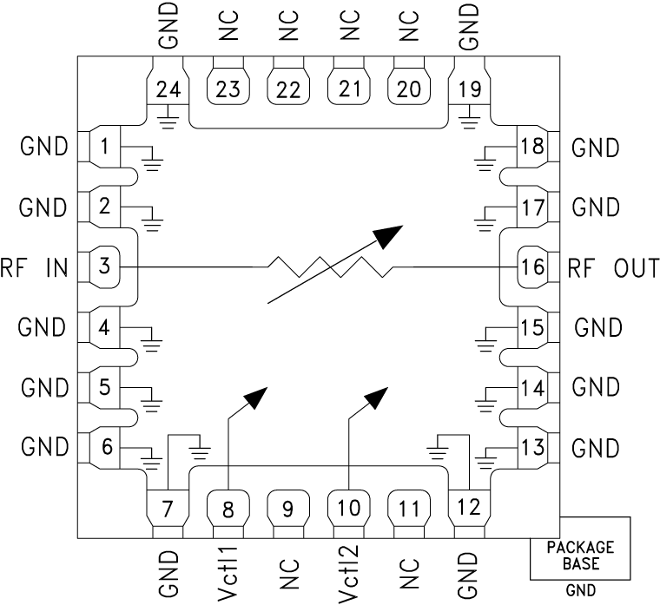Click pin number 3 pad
(104, 266)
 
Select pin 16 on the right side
(531, 266)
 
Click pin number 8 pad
(228, 508)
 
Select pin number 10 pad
(349, 508)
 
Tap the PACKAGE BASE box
(580, 556)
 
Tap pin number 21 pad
(348, 87)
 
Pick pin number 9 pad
(288, 508)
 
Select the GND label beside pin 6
(44, 448)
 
